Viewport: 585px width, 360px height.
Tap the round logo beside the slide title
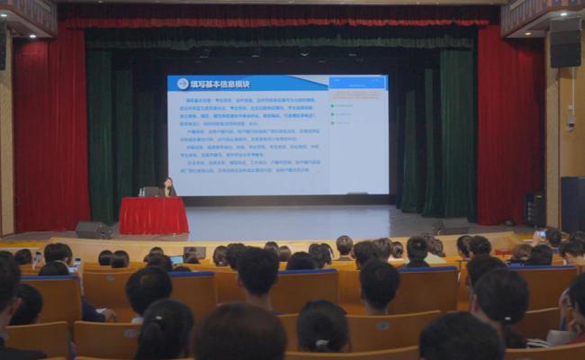[x=183, y=83]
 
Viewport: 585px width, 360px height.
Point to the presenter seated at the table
[x=168, y=186]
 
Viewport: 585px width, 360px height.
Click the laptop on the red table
[x=151, y=192]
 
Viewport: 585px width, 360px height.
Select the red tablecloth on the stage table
[x=153, y=216]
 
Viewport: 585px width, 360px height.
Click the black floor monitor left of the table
[x=92, y=229]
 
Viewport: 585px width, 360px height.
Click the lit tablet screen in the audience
[x=176, y=259]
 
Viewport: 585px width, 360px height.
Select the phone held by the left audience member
[x=75, y=265]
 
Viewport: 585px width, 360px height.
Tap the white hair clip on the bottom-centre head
[x=320, y=343]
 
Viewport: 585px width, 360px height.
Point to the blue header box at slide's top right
[x=357, y=83]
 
